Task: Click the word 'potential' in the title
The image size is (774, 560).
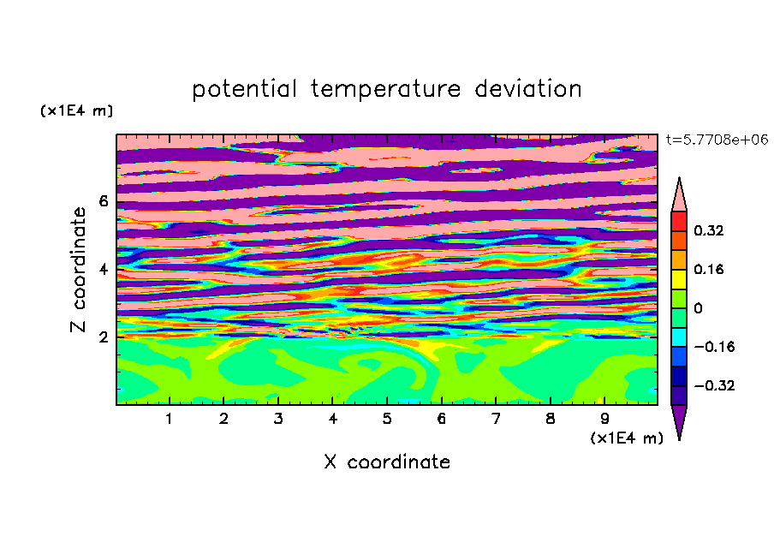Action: (244, 90)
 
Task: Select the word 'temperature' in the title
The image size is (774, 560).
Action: (385, 90)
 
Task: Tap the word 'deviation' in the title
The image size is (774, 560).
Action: (527, 89)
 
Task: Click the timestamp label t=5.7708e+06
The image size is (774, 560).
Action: (717, 140)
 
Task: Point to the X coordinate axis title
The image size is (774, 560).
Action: (387, 462)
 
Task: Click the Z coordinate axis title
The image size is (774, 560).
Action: (78, 270)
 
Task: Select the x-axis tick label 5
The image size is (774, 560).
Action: (387, 419)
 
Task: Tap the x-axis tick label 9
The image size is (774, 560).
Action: (604, 419)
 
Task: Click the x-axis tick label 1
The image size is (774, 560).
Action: (170, 419)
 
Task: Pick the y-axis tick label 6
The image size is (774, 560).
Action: (103, 201)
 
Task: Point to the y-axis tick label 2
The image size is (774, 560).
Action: (103, 337)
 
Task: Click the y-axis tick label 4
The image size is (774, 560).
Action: (103, 269)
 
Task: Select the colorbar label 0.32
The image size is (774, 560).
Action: (708, 230)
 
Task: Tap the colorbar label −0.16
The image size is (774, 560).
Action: (714, 347)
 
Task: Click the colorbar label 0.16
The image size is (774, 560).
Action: (708, 269)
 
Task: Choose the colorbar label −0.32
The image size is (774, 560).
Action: (714, 385)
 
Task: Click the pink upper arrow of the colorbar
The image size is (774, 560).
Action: (679, 198)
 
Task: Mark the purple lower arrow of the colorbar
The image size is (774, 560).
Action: (679, 419)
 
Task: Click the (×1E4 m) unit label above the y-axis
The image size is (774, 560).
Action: (76, 110)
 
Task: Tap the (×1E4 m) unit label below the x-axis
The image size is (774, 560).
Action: (627, 438)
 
